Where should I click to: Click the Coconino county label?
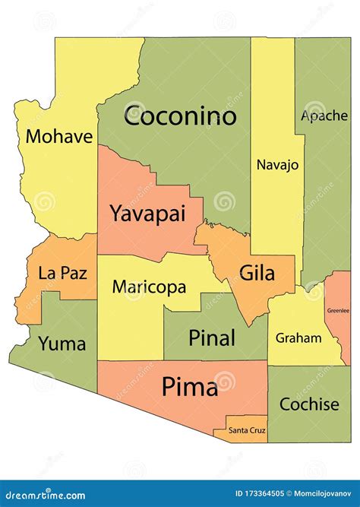[x=180, y=116]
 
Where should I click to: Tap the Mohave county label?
[x=59, y=137]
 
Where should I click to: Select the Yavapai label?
[x=147, y=214]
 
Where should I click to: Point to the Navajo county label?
[x=277, y=164]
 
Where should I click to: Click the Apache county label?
[x=324, y=116]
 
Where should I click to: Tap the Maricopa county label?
[x=149, y=287]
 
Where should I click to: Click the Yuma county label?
[x=62, y=343]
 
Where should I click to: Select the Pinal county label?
[x=212, y=337]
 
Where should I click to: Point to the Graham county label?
[x=298, y=337]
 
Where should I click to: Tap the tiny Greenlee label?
[x=339, y=310]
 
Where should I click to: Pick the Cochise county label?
[x=309, y=404]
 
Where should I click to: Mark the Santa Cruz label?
[x=247, y=431]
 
